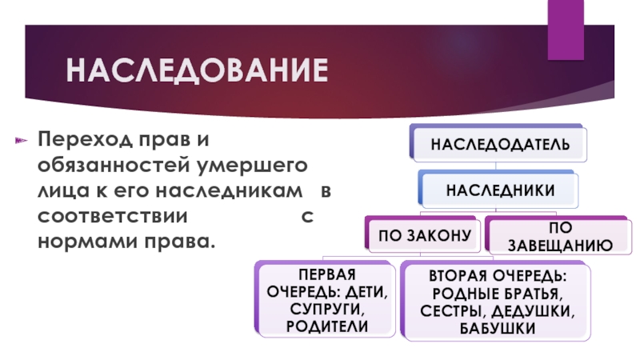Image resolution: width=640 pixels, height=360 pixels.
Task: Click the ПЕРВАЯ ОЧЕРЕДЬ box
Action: [326, 298]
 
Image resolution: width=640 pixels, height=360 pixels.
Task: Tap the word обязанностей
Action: [108, 166]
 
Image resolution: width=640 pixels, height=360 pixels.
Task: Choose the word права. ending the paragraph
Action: [180, 241]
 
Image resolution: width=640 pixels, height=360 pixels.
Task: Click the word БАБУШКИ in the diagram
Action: [494, 328]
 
